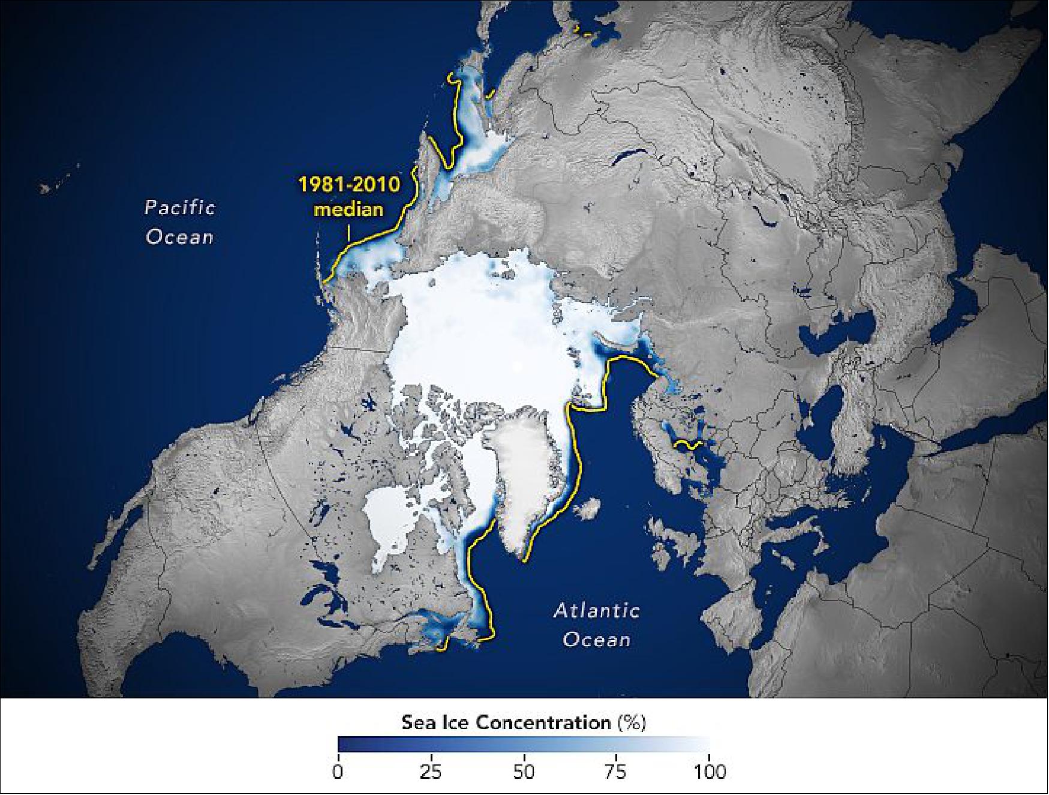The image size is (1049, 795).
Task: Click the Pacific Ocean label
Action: pyautogui.click(x=179, y=222)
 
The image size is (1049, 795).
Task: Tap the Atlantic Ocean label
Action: pyautogui.click(x=596, y=625)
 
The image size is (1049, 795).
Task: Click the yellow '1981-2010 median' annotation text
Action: pyautogui.click(x=349, y=196)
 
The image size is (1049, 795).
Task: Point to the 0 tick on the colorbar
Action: pyautogui.click(x=338, y=770)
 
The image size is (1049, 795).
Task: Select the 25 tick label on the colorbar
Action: pyautogui.click(x=431, y=770)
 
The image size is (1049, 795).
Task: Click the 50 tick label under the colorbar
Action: pyautogui.click(x=524, y=770)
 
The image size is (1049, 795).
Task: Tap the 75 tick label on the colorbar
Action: pyautogui.click(x=617, y=770)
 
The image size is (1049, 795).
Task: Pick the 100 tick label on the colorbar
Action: pyautogui.click(x=709, y=770)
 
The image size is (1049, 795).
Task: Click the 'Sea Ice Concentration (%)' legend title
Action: pyautogui.click(x=523, y=722)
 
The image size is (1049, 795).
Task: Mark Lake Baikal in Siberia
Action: pyautogui.click(x=627, y=157)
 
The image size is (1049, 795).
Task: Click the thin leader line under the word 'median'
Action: pyautogui.click(x=348, y=231)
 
